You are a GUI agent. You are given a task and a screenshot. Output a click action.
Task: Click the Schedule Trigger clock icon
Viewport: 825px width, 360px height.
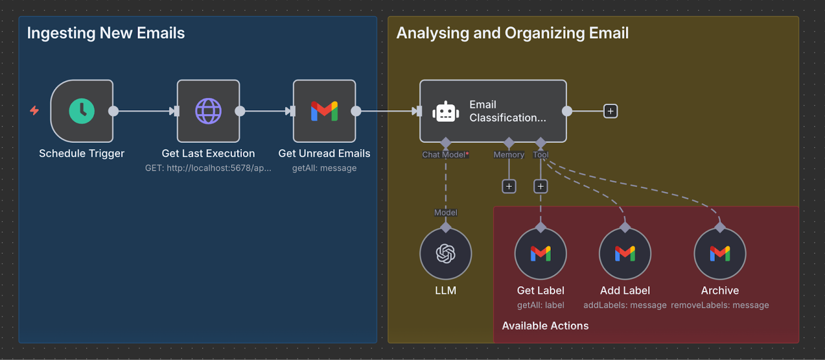coord(81,111)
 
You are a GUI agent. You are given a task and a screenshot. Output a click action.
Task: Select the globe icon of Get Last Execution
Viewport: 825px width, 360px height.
coord(208,111)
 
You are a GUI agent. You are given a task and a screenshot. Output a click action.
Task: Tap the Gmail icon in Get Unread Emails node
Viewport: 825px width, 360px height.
coord(324,111)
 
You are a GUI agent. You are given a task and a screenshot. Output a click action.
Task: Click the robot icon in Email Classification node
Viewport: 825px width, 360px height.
coord(445,112)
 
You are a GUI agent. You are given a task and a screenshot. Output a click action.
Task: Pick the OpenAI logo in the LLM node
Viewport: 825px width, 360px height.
coord(445,253)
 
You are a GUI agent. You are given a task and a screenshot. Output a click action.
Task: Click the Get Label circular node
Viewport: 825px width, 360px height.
coord(540,253)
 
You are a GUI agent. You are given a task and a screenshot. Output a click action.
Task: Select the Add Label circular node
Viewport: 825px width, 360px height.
coord(625,253)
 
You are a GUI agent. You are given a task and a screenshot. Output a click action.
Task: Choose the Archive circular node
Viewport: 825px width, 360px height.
coord(720,253)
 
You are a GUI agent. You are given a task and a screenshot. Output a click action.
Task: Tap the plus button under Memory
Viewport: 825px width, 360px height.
coord(509,186)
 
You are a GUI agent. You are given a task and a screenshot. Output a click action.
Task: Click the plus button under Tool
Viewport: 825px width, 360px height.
coord(540,186)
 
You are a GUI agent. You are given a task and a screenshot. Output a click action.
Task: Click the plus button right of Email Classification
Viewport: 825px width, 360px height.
coord(610,111)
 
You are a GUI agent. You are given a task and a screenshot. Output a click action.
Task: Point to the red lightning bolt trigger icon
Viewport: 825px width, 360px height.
coord(35,110)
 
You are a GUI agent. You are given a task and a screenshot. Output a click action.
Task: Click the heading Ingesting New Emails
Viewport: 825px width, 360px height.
coord(106,33)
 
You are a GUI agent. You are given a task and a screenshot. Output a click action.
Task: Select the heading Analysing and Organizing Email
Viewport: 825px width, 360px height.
coord(512,33)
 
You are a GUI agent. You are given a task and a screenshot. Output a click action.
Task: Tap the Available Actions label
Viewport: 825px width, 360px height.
coord(545,326)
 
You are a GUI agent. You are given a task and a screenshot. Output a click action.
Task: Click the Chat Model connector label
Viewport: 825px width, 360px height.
coord(445,155)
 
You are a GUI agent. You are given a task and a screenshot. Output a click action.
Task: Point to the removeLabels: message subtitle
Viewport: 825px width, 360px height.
coord(720,305)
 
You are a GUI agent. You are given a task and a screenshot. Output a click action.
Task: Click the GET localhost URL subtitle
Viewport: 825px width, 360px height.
coord(208,168)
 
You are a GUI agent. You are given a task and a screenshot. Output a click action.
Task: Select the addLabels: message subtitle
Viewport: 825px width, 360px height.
coord(625,305)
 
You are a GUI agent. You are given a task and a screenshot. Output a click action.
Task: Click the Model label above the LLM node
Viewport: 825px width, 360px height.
coord(445,212)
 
